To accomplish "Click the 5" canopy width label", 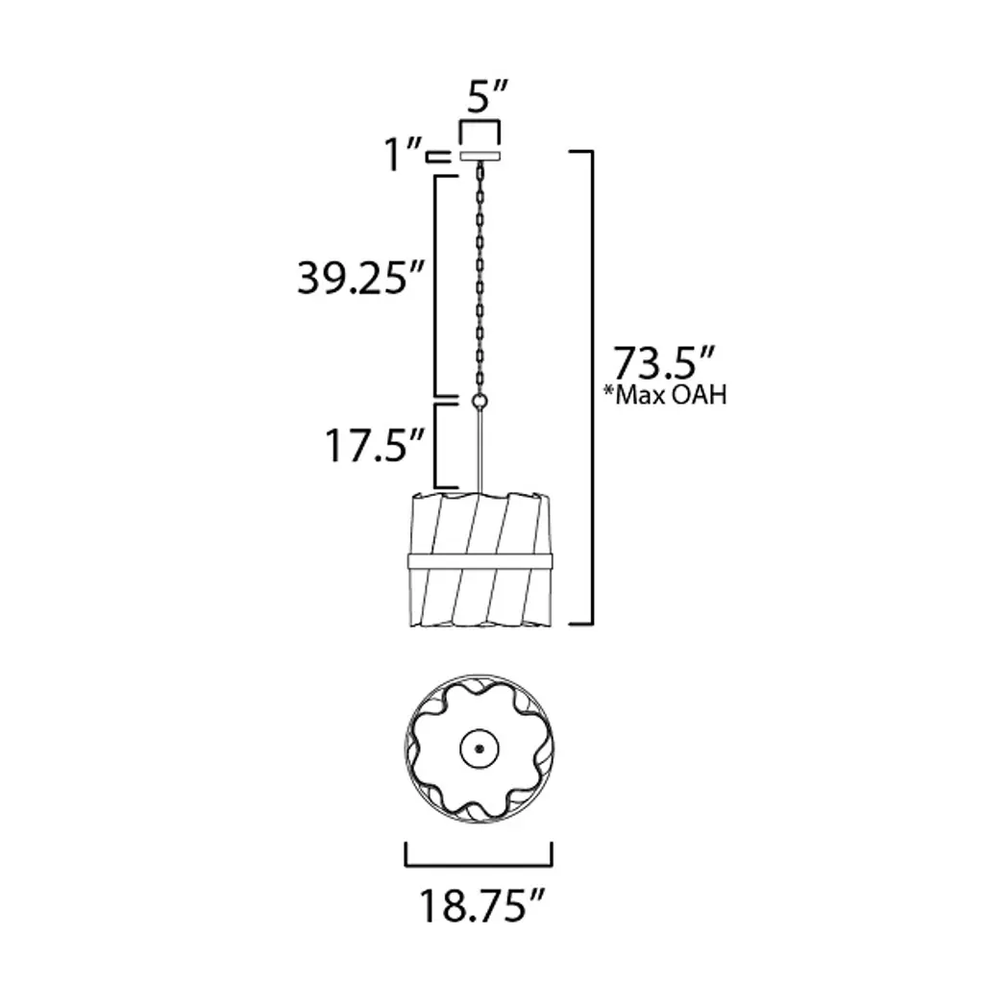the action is tap(486, 97).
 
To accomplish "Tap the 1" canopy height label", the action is tap(403, 155).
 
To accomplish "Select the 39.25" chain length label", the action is tap(361, 278).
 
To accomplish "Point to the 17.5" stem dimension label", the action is tap(375, 446).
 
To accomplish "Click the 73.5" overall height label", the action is tap(663, 362).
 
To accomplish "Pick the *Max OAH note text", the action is tap(665, 395).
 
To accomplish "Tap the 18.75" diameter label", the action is tap(481, 905).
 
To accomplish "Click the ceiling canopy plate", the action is tap(480, 156).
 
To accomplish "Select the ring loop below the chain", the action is tap(480, 402).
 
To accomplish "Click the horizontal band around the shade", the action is tap(480, 561).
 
